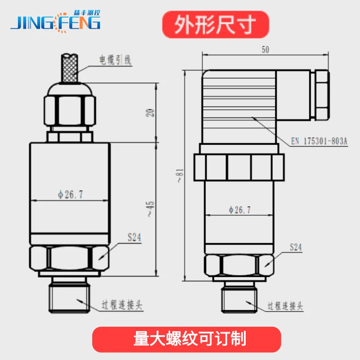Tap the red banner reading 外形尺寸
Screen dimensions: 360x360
(x=216, y=25)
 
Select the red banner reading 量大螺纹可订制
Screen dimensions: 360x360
(x=187, y=339)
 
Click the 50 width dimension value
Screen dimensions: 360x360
(x=265, y=49)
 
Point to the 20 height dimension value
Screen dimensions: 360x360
(x=150, y=113)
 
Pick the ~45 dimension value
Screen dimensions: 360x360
(x=150, y=209)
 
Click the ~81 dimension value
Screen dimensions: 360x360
(x=180, y=175)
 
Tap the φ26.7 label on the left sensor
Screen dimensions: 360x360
(x=70, y=195)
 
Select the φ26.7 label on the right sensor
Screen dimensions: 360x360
(x=239, y=210)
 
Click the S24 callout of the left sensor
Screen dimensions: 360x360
(x=135, y=238)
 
